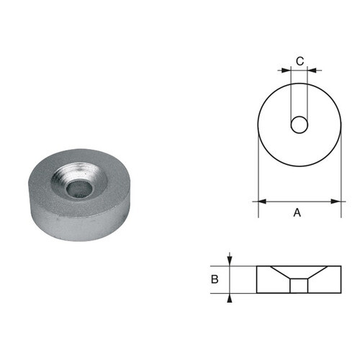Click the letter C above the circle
299,61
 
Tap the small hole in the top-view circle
299,126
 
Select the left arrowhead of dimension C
287,70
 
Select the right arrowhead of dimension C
311,70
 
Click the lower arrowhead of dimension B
230,296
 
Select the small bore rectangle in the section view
299,286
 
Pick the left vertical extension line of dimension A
258,187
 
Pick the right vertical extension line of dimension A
340,187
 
